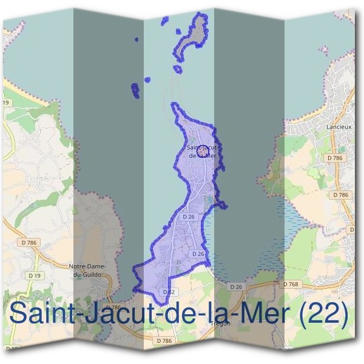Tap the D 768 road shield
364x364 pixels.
291,284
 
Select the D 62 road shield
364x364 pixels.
169,292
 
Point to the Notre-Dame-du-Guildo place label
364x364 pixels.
89,271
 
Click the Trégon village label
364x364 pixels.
220,323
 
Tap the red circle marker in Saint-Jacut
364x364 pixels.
204,147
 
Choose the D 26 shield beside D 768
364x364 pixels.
236,286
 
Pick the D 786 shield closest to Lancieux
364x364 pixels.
334,158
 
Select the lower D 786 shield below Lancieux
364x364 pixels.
341,195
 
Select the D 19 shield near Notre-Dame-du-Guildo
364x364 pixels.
35,275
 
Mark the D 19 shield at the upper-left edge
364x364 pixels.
5,103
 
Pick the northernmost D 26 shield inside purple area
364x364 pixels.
189,216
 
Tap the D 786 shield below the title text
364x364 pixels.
164,341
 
